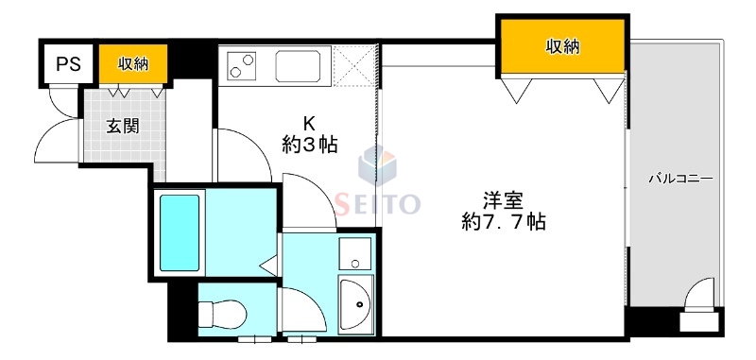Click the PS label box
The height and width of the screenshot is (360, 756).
pyautogui.click(x=66, y=64)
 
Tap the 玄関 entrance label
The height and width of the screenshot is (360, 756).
pyautogui.click(x=122, y=125)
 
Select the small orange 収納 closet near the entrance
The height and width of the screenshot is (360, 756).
pyautogui.click(x=133, y=63)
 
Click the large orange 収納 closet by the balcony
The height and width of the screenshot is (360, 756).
pyautogui.click(x=562, y=45)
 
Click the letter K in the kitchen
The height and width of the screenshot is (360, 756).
pyautogui.click(x=308, y=122)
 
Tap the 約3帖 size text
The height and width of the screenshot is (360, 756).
pyautogui.click(x=309, y=145)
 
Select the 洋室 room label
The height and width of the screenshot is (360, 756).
pyautogui.click(x=503, y=200)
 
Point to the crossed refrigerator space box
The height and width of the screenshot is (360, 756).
pyautogui.click(x=356, y=66)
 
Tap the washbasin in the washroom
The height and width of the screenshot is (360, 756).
pyautogui.click(x=357, y=303)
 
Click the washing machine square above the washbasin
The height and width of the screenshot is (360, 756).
pyautogui.click(x=356, y=254)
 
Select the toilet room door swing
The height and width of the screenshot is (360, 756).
pyautogui.click(x=301, y=312)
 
